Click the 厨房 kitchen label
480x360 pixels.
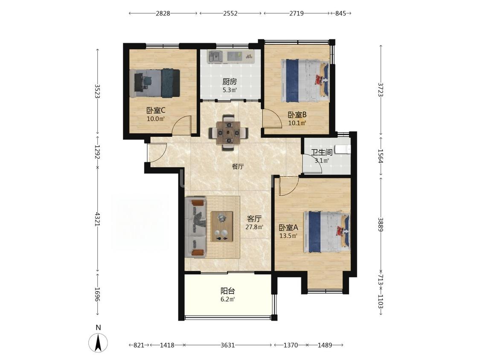point(229,82)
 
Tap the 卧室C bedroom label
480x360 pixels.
point(156,110)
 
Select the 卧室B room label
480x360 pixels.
point(297,115)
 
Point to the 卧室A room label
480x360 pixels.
point(288,228)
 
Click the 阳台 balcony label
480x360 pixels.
point(228,291)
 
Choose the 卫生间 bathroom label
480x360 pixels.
point(322,152)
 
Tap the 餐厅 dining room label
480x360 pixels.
point(238,166)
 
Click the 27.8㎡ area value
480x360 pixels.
point(254,227)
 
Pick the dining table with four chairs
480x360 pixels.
point(228,133)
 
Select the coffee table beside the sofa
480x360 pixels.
point(221,226)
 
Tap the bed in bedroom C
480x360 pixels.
point(154,83)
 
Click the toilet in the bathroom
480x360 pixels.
point(343,149)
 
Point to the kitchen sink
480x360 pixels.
point(215,56)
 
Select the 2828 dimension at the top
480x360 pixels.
point(163,14)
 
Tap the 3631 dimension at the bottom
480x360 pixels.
point(228,345)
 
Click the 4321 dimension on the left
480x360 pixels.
point(98,219)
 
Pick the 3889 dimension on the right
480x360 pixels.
point(381,224)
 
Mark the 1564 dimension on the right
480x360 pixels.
point(381,156)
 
